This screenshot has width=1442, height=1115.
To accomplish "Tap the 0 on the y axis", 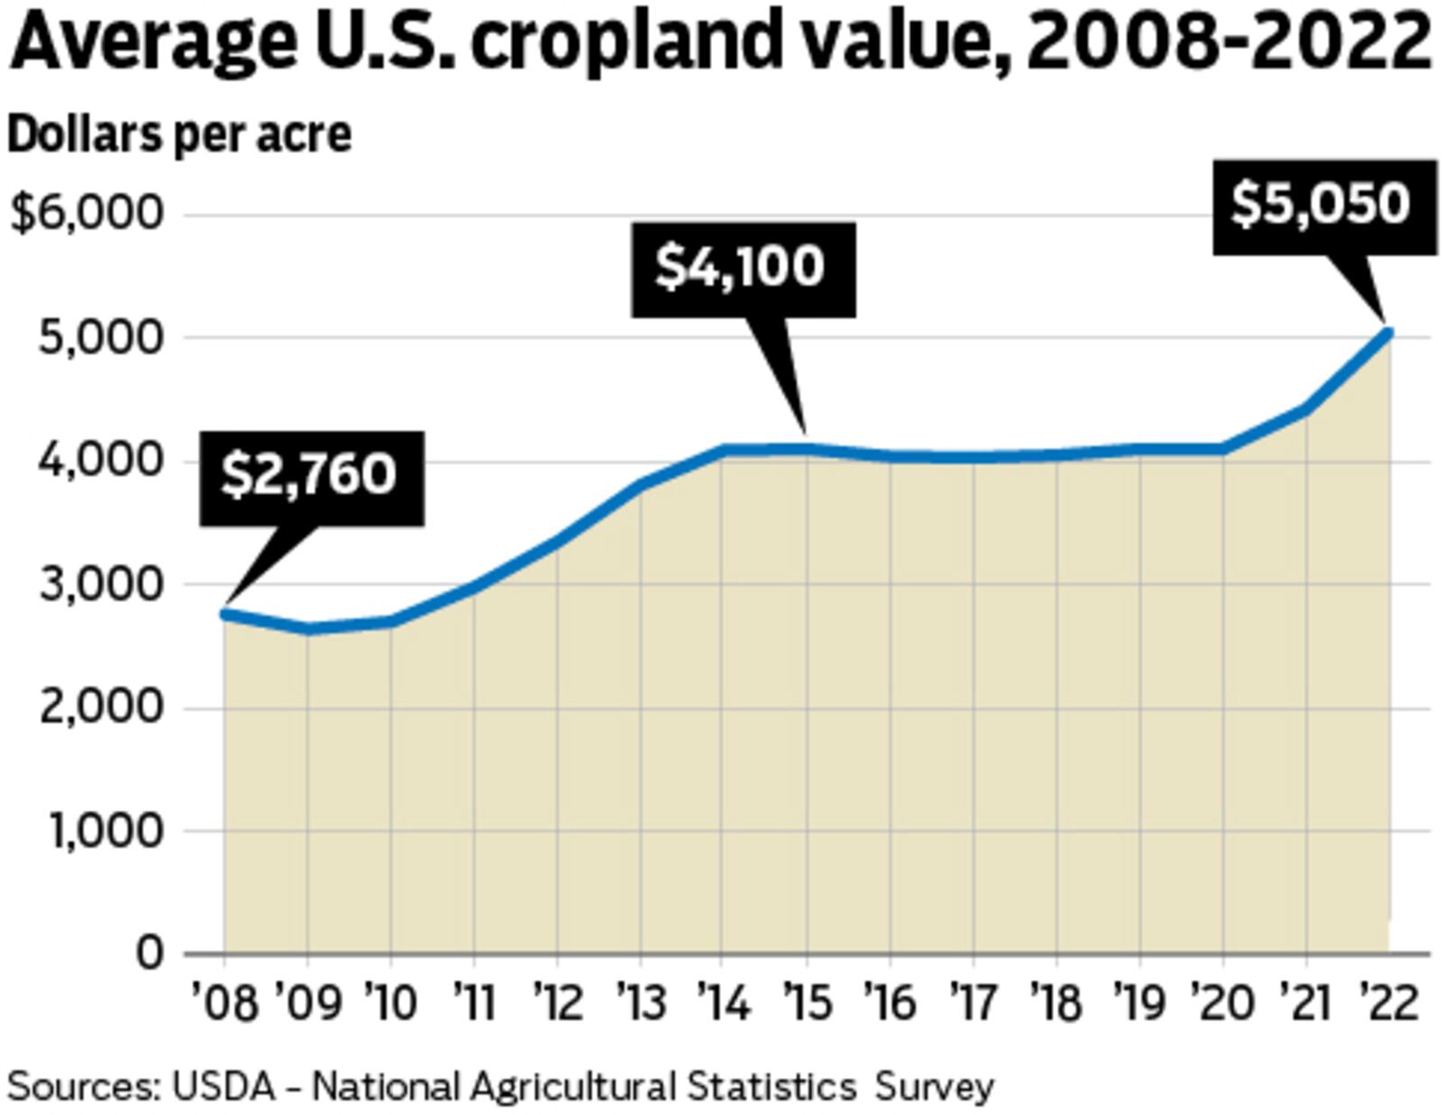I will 150,953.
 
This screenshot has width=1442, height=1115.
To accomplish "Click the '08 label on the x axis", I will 224,1003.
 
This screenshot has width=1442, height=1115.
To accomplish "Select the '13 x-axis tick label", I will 641,1003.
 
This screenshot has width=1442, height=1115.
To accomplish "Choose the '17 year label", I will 974,1003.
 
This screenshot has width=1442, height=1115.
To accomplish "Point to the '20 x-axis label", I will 1223,1003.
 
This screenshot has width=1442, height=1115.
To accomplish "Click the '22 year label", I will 1389,1003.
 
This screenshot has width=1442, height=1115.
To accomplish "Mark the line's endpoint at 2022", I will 1389,334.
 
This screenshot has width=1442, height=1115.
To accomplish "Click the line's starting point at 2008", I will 225,615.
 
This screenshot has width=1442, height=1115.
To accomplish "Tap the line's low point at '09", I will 308,629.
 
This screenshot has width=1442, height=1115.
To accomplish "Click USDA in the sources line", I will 223,1086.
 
